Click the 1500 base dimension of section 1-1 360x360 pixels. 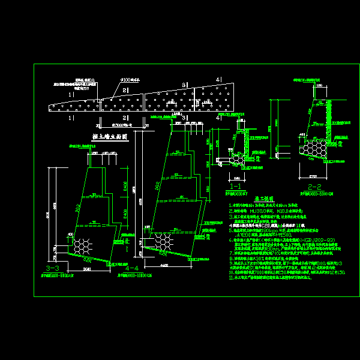238,178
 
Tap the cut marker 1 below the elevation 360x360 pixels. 70,118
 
